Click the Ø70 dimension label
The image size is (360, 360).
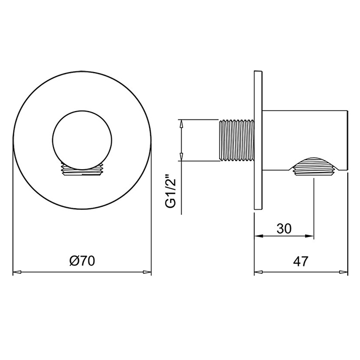tap(81, 261)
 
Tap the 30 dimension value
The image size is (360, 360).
tap(284, 228)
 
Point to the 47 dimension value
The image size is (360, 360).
tap(300, 261)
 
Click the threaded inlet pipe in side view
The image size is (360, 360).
tap(236, 140)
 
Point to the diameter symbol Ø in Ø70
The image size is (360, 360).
tap(73, 261)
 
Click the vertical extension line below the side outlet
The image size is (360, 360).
tap(314, 206)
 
